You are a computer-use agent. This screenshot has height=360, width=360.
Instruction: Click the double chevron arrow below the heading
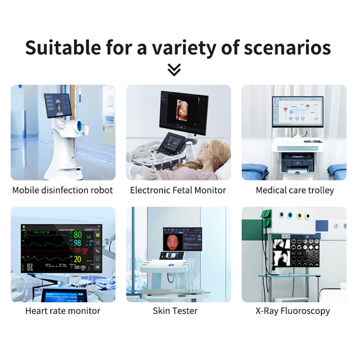tap(174, 69)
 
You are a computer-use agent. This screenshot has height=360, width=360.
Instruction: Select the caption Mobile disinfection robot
tap(63, 190)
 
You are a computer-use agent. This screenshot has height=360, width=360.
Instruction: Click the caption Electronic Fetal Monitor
tap(178, 190)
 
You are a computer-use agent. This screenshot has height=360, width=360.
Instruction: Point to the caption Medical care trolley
tap(295, 190)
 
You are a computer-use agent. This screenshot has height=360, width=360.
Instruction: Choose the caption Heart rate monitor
tap(63, 310)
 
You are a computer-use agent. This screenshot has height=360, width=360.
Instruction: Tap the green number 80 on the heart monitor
tap(78, 235)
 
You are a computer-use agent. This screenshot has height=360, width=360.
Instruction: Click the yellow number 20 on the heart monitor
tap(77, 259)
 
